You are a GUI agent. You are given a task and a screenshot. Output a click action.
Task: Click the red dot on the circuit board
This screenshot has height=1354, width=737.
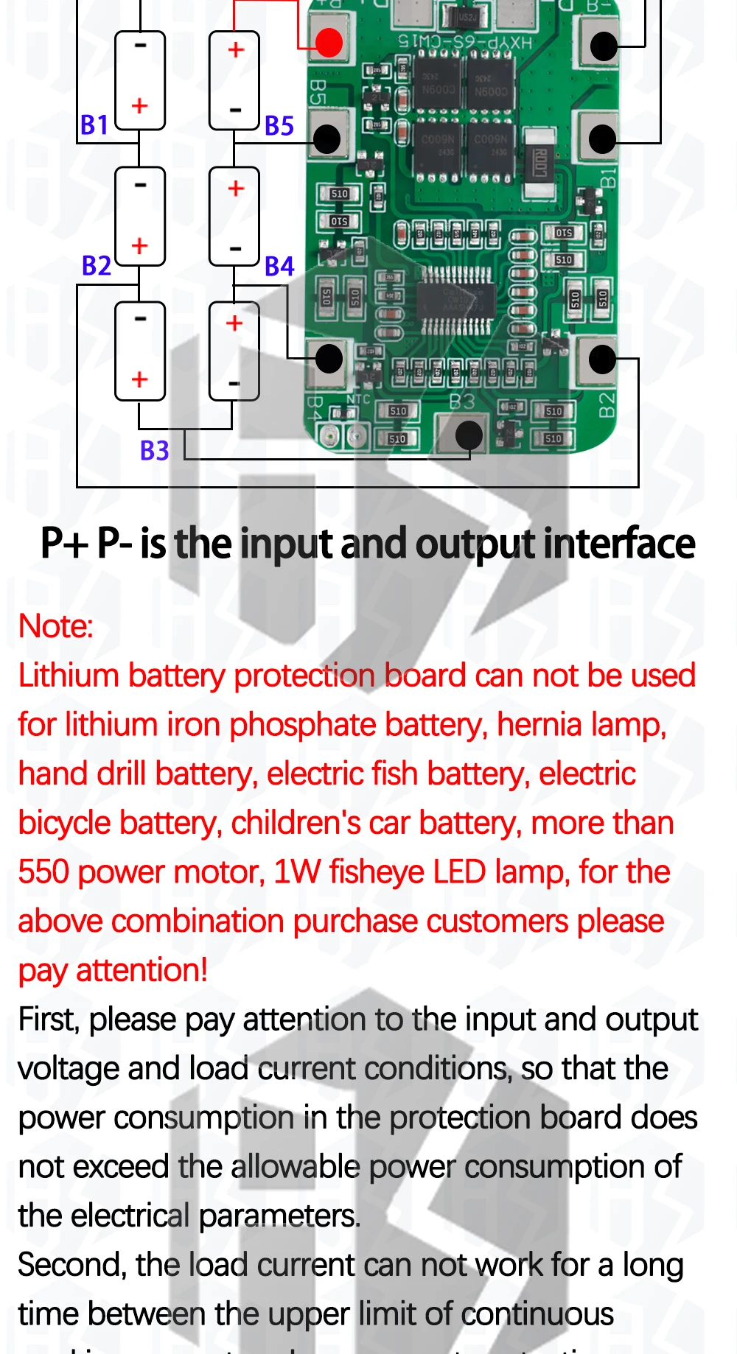[x=329, y=43]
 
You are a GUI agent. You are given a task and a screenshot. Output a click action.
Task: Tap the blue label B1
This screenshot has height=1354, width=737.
[x=94, y=125]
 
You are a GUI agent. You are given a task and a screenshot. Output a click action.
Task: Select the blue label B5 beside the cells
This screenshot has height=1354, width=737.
[x=279, y=126]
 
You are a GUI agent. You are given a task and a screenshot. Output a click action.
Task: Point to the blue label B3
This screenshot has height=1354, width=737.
[x=155, y=450]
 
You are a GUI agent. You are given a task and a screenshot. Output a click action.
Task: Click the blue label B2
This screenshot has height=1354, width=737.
[x=97, y=265]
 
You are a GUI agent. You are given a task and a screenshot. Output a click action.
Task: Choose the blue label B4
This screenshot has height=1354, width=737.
[x=279, y=266]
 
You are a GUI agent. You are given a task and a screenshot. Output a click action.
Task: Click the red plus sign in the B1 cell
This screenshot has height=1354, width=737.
[x=140, y=106]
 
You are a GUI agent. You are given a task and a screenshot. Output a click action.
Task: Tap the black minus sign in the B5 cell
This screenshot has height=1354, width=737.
[x=236, y=111]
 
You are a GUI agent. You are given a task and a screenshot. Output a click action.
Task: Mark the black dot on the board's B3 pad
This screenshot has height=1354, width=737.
[x=469, y=435]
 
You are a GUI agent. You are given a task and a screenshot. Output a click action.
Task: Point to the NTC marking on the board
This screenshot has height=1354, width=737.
[x=359, y=399]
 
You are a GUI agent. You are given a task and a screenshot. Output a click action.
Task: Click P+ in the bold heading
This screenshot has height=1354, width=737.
[x=63, y=544]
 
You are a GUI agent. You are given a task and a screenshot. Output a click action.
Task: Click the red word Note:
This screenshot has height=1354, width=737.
[x=56, y=626]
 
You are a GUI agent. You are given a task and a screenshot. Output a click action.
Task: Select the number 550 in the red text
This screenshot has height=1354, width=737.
[x=43, y=872]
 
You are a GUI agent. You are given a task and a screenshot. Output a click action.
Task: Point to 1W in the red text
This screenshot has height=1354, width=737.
[x=297, y=872]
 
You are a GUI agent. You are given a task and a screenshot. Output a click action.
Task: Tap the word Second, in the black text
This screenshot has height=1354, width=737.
[x=71, y=1266]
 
